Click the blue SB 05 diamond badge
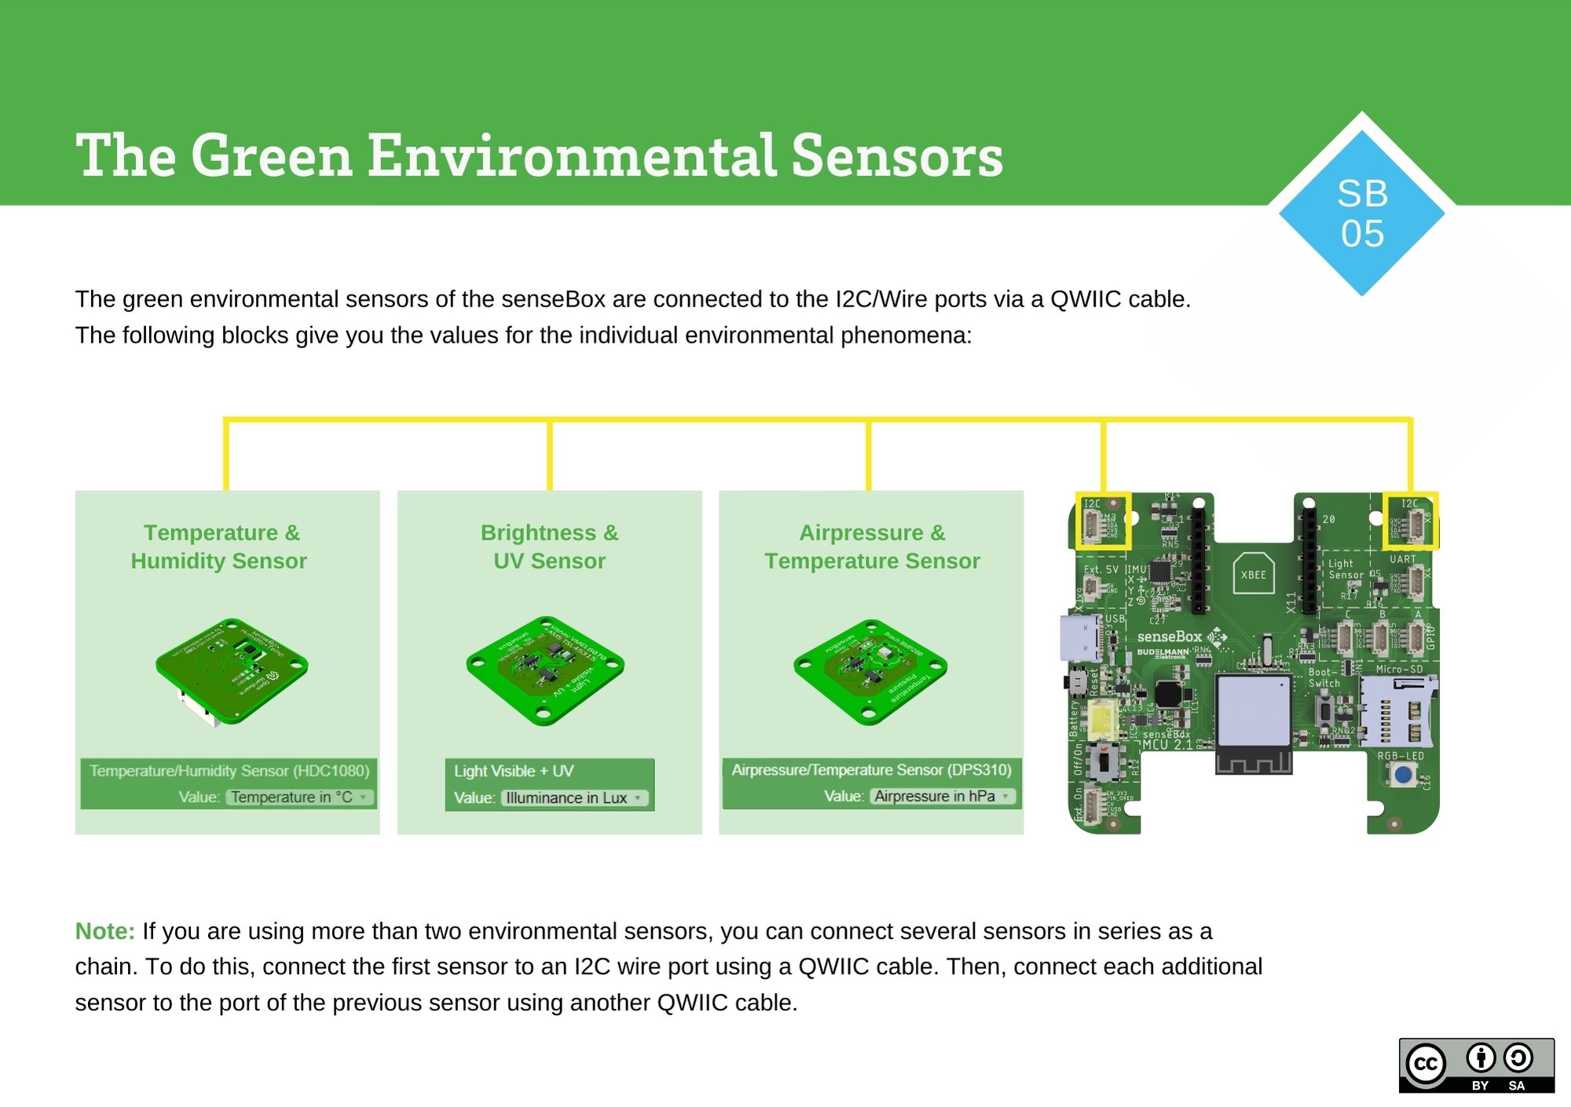(1361, 213)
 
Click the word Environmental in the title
(571, 156)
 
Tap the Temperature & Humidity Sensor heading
(219, 547)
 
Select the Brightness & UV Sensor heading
(549, 547)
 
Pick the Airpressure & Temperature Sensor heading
(872, 547)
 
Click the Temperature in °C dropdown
(299, 797)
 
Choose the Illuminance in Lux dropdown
(574, 797)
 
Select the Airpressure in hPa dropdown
(942, 796)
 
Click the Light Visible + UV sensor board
(545, 669)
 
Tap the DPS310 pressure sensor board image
(870, 670)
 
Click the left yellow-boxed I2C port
(1103, 520)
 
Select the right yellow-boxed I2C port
(1410, 520)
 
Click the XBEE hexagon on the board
(1253, 574)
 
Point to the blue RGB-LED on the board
(1402, 776)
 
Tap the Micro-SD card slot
(1397, 712)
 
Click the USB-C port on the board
(1081, 637)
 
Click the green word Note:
(104, 931)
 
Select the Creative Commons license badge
(1476, 1065)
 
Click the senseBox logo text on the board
(1169, 636)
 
